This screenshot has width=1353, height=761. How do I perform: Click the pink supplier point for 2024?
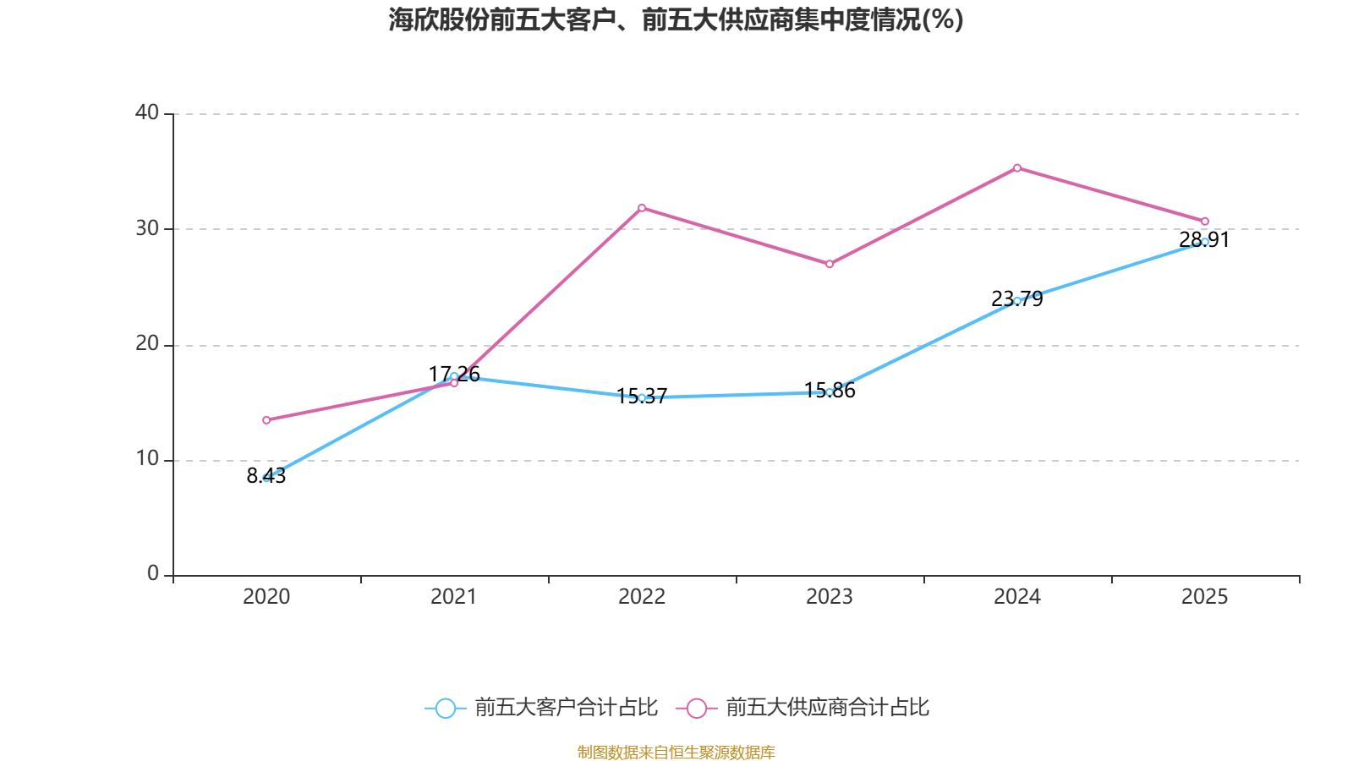[x=1017, y=167]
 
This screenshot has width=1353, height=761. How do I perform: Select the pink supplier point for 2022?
[x=642, y=207]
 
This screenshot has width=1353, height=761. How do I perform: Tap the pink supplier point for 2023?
[x=830, y=264]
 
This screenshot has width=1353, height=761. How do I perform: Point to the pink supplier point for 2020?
[x=266, y=419]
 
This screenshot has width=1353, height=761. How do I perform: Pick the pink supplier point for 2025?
[x=1205, y=222]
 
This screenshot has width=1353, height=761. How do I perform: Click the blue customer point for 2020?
[x=266, y=478]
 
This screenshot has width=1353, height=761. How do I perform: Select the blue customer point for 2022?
[x=642, y=397]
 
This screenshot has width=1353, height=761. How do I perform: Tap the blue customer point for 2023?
[x=830, y=391]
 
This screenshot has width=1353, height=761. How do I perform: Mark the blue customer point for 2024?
[x=1017, y=300]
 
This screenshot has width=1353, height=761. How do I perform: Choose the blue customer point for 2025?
[x=1205, y=242]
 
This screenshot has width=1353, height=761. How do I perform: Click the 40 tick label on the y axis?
[x=147, y=112]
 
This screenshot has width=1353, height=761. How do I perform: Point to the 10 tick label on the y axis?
[x=147, y=459]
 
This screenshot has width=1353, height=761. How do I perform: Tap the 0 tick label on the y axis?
[x=153, y=574]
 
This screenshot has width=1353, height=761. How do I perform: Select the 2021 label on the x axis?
[x=454, y=597]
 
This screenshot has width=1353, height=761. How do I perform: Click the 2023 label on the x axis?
[x=830, y=597]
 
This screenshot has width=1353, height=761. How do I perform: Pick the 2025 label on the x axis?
[x=1205, y=597]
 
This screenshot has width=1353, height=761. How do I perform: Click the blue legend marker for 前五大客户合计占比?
[x=446, y=708]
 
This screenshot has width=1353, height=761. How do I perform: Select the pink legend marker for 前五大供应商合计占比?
[x=696, y=708]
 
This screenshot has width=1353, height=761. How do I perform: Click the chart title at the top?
[x=676, y=19]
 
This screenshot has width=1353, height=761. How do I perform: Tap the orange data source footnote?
[x=676, y=752]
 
